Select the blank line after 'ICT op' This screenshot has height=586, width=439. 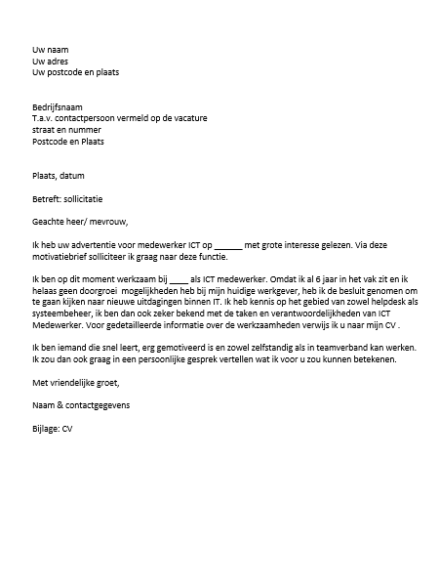pos(226,247)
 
